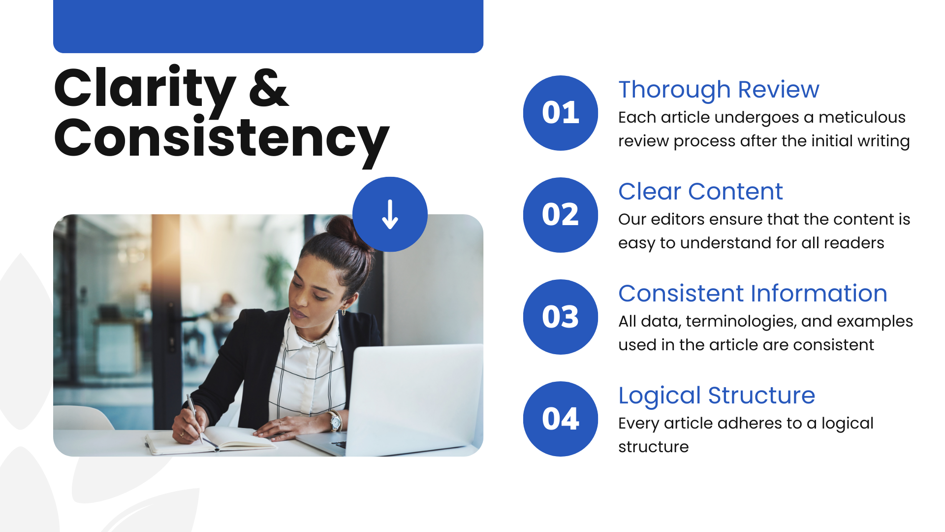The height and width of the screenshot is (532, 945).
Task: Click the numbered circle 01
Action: click(560, 113)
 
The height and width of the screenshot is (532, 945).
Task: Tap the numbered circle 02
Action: click(560, 215)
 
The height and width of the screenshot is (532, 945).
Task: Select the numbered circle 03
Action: click(560, 317)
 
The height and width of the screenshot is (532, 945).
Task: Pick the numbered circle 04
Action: click(560, 419)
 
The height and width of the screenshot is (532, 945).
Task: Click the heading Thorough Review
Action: click(719, 90)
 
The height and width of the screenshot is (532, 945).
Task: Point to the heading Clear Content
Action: click(700, 192)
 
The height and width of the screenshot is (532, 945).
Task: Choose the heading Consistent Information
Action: click(753, 294)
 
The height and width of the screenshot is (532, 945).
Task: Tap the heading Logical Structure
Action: click(716, 396)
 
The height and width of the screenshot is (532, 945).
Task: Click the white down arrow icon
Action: click(390, 214)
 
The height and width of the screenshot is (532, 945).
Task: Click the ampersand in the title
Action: click(269, 89)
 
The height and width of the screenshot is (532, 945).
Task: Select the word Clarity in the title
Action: click(145, 89)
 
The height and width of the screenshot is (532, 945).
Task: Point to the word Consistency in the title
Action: click(221, 139)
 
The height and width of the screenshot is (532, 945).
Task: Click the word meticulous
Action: click(861, 118)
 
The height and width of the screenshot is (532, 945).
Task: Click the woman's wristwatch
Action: click(336, 421)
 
